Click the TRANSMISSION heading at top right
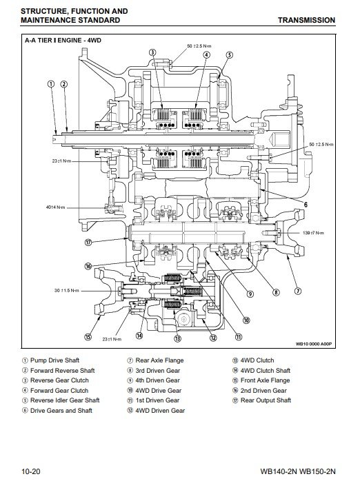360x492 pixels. tap(306, 20)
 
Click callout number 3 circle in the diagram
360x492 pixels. tap(152, 52)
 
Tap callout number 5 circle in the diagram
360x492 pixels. tap(230, 55)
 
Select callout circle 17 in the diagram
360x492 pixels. tap(88, 243)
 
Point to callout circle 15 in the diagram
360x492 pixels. tap(88, 337)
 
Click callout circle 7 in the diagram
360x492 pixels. tap(298, 291)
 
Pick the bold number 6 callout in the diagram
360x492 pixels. tap(306, 205)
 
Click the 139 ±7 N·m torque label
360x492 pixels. tap(313, 233)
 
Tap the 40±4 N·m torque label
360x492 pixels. tap(56, 207)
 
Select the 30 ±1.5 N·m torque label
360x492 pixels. tap(67, 291)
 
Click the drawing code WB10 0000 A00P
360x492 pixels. tap(314, 344)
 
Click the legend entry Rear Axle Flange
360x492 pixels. tap(155, 360)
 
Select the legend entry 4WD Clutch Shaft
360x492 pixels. tap(261, 371)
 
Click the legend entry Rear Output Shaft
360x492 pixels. tap(261, 400)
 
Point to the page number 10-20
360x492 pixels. tap(31, 471)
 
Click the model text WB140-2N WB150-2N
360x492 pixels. tap(298, 471)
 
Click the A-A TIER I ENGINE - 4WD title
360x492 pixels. tap(63, 41)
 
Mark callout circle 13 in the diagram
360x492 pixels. tap(177, 338)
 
